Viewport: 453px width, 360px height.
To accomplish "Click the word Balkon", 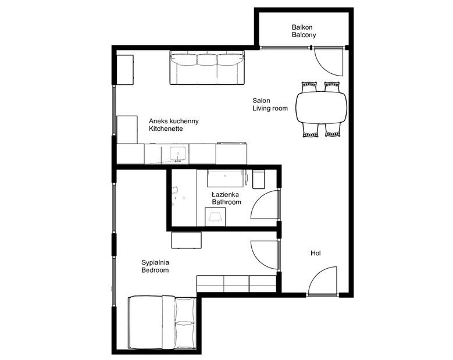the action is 302,27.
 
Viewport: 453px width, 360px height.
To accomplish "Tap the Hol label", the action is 316,254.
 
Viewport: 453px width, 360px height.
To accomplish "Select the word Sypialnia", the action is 155,263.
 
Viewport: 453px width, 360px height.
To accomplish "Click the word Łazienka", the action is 225,194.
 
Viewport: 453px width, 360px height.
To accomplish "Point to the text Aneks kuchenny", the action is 174,121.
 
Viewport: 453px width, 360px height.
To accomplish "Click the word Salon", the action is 261,101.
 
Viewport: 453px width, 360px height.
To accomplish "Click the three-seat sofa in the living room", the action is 207,68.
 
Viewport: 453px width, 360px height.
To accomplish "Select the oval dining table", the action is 321,108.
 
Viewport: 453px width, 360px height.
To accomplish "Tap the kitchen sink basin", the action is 177,153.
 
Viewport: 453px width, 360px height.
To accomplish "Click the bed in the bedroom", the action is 162,322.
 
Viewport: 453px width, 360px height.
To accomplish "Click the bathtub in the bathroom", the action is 224,179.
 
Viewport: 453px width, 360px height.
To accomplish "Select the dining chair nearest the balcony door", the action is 332,87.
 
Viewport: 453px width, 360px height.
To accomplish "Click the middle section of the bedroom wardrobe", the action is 236,284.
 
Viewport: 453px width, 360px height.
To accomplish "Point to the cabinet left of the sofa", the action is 125,70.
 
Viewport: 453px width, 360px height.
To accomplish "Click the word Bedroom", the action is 155,270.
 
